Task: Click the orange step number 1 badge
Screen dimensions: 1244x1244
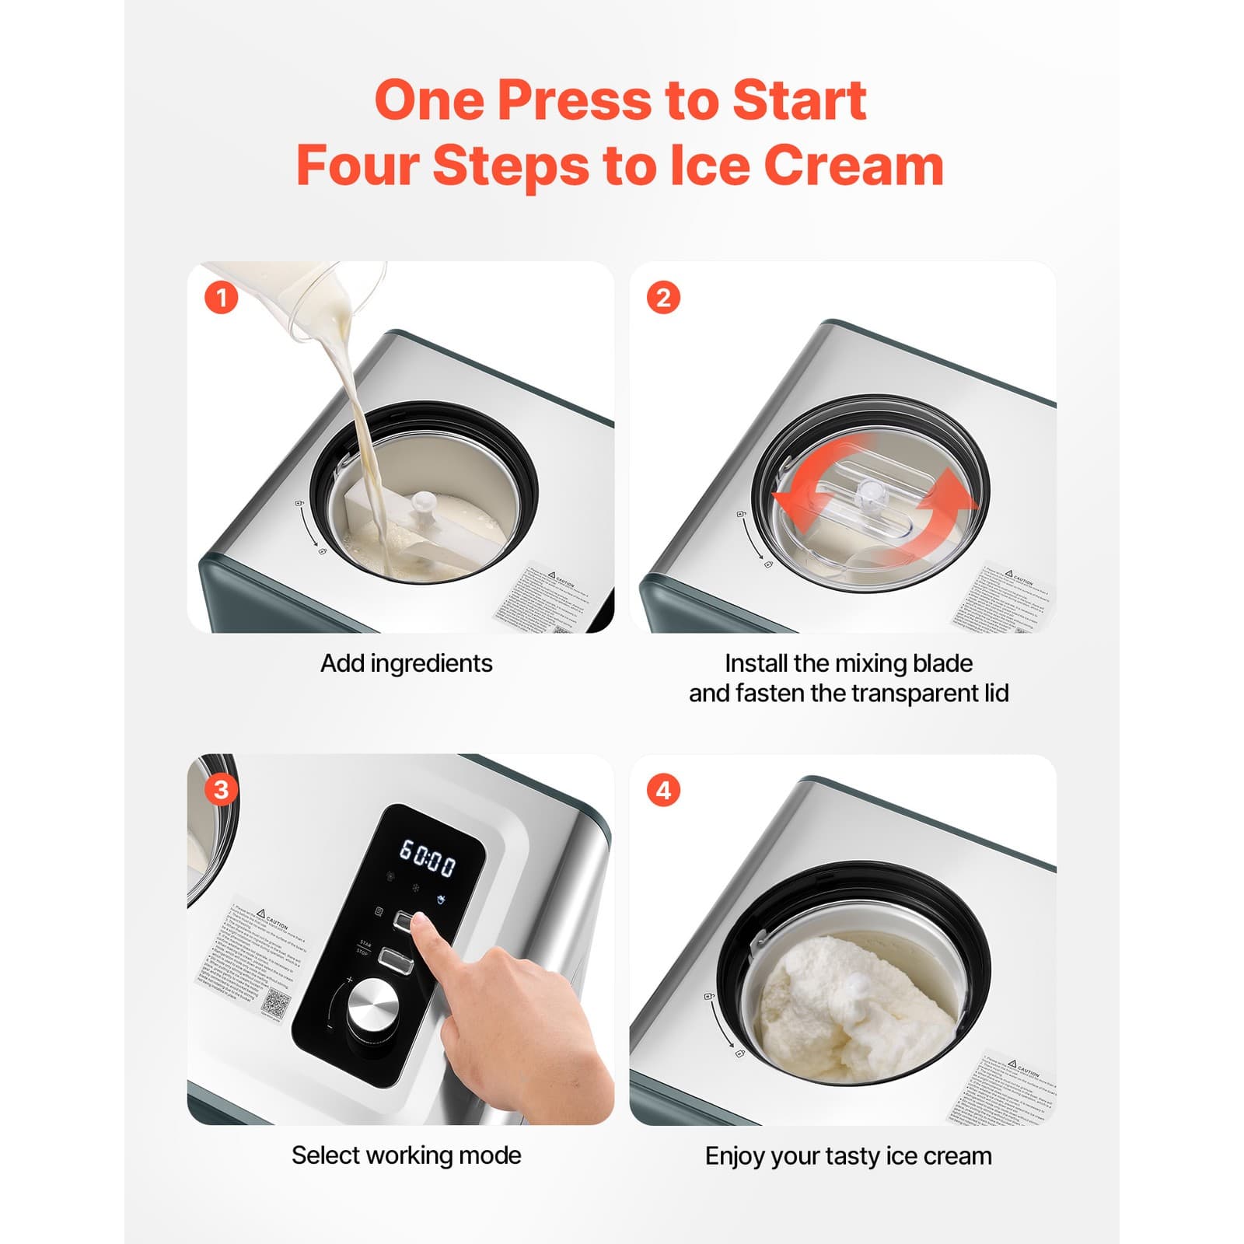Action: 221,298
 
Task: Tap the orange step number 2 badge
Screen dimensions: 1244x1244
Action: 663,298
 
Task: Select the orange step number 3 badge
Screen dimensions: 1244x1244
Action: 221,790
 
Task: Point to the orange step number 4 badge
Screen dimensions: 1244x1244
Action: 663,790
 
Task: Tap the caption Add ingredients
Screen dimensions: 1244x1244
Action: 406,663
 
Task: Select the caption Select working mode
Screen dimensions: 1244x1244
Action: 406,1155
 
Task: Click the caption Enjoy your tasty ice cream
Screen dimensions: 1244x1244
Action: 847,1156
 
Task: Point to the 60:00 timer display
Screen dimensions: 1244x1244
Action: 427,858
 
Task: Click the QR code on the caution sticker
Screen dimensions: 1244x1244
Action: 276,1003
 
